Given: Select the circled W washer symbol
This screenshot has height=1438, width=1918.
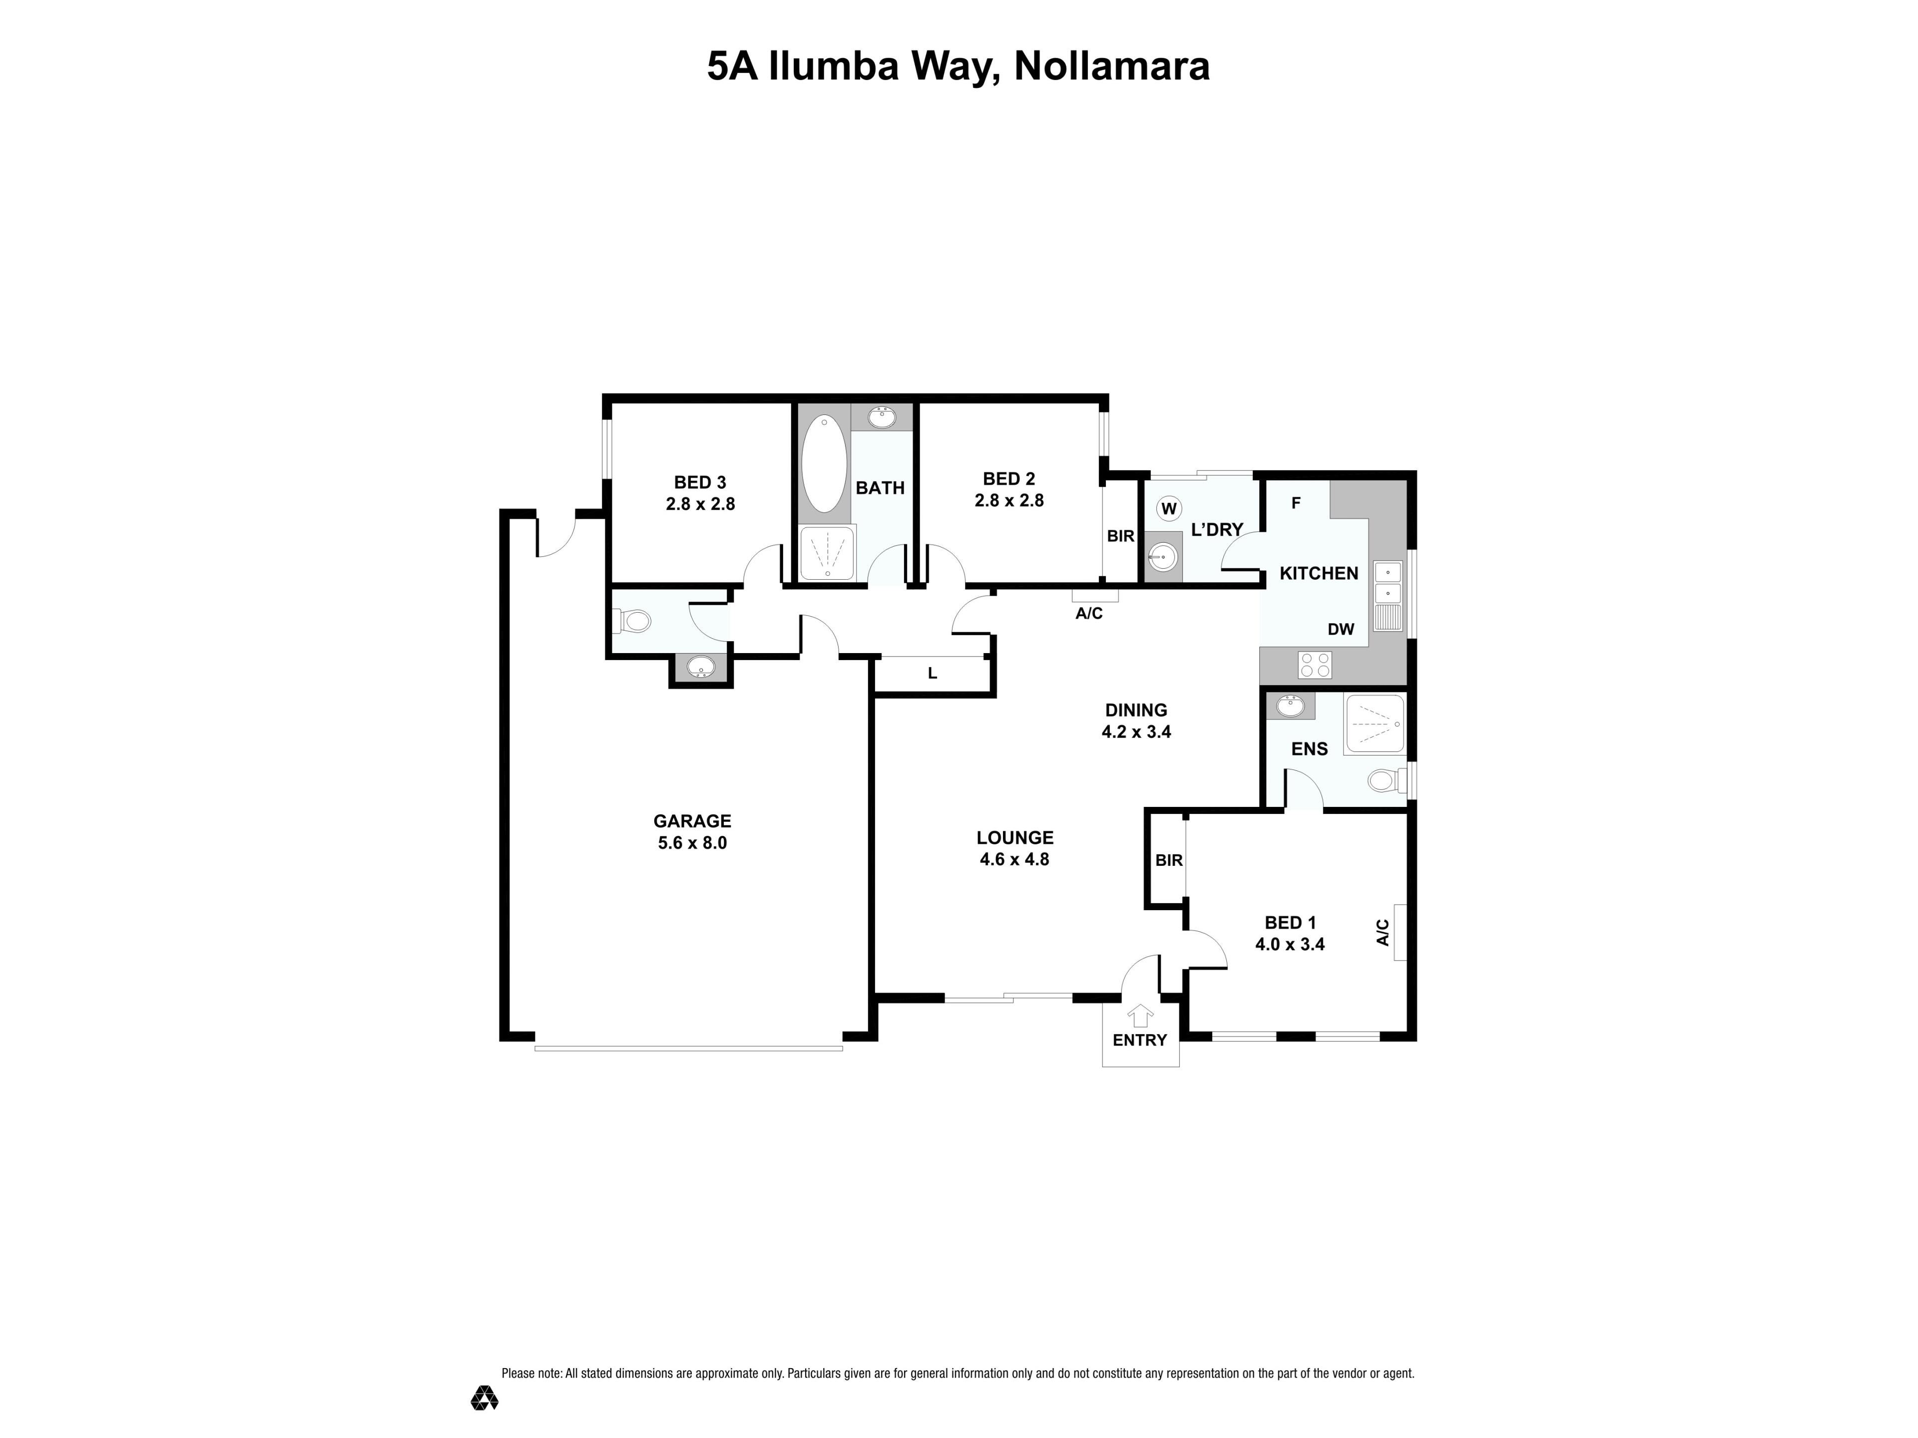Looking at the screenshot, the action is click(1169, 509).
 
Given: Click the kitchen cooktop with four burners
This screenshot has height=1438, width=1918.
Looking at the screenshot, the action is click(1315, 665).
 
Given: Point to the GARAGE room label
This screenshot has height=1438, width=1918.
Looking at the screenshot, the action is click(692, 821).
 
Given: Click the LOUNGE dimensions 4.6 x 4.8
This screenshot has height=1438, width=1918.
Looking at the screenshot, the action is click(1014, 860).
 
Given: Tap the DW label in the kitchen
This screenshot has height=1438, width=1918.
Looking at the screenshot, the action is click(1341, 629).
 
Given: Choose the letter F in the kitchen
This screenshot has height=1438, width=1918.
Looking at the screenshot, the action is click(1296, 503).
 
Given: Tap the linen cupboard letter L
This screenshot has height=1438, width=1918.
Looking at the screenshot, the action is click(932, 673).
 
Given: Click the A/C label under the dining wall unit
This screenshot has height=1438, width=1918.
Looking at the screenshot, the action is click(1089, 614).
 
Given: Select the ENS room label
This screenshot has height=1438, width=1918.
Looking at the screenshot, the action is click(1309, 749).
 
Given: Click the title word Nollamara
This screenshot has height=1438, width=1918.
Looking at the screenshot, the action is click(1112, 67).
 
